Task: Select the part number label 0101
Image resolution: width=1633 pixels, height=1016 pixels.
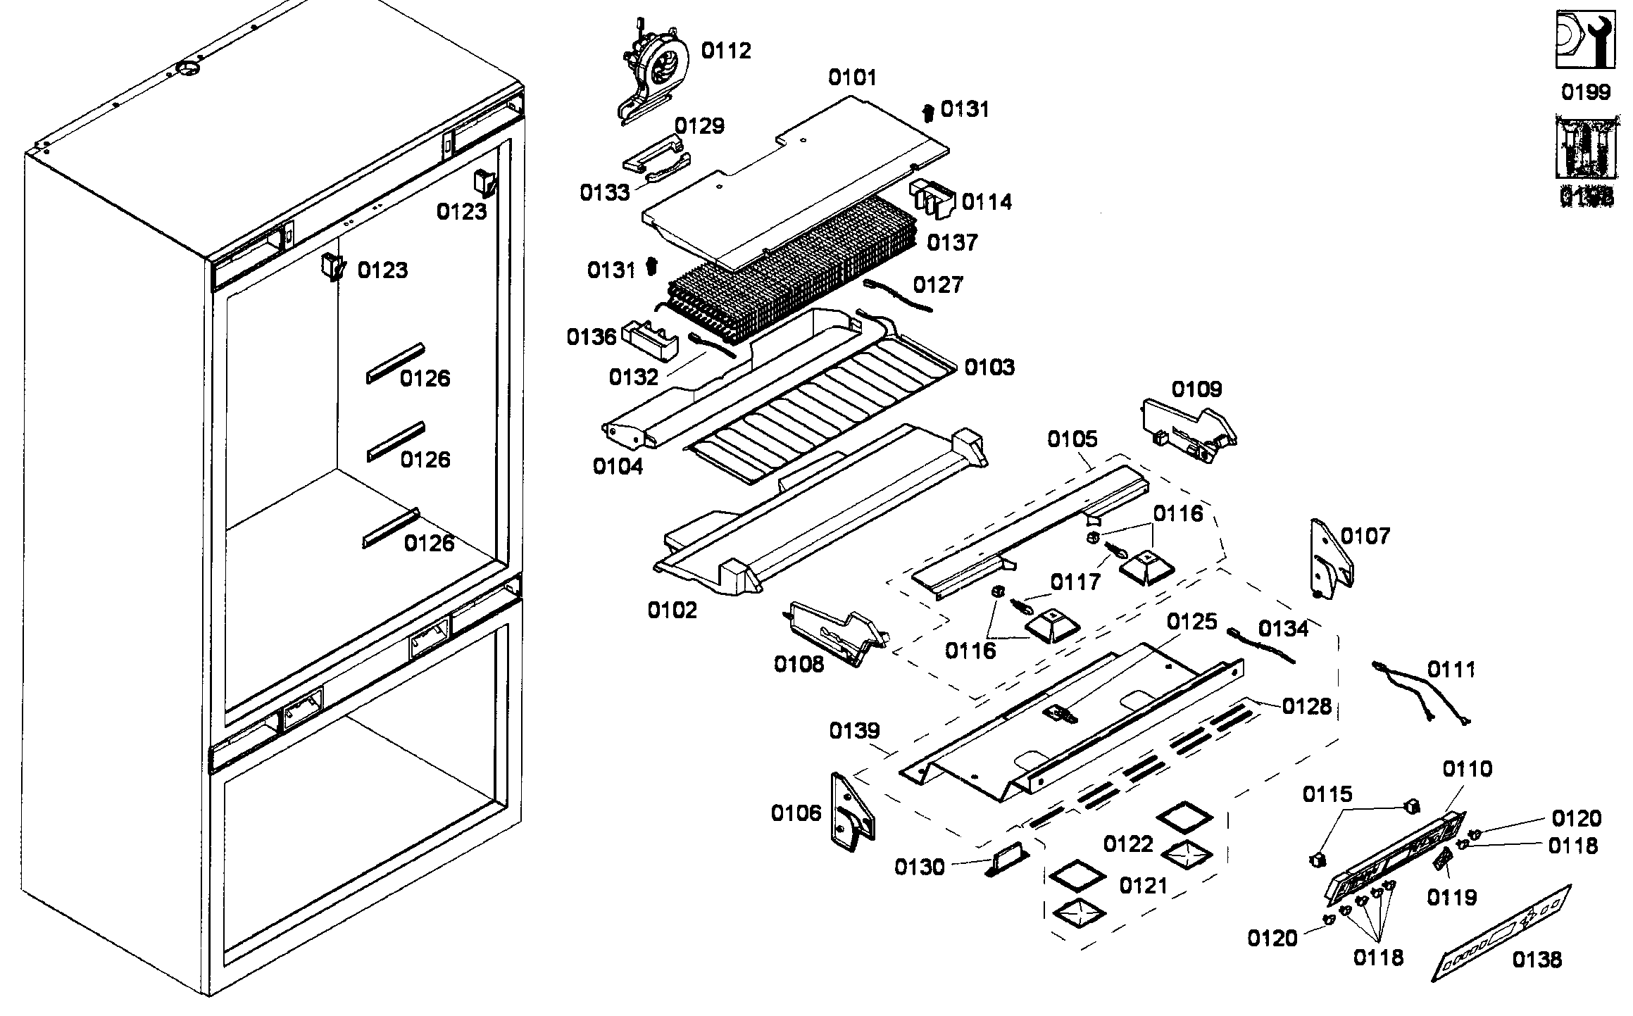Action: pos(852,77)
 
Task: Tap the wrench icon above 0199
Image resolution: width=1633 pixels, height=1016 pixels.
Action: pos(1584,39)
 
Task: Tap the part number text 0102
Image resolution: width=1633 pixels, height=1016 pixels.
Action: pos(672,610)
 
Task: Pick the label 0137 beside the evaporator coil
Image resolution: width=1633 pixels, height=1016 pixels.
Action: pos(952,243)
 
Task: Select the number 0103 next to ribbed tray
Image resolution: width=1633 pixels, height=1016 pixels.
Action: pos(989,367)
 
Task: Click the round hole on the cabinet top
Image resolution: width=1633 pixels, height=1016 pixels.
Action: pos(188,68)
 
